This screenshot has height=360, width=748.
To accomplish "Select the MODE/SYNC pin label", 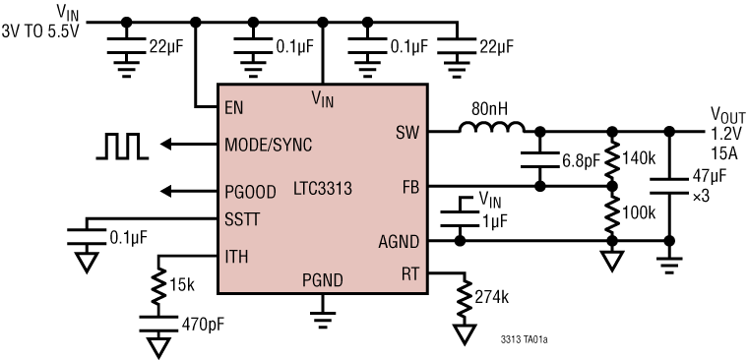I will tap(269, 145).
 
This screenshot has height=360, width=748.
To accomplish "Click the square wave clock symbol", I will tap(121, 145).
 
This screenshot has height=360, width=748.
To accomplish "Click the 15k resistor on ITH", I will tap(158, 285).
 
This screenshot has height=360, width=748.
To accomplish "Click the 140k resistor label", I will tap(641, 156).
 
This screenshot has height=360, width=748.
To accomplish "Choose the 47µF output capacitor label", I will tap(705, 178).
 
